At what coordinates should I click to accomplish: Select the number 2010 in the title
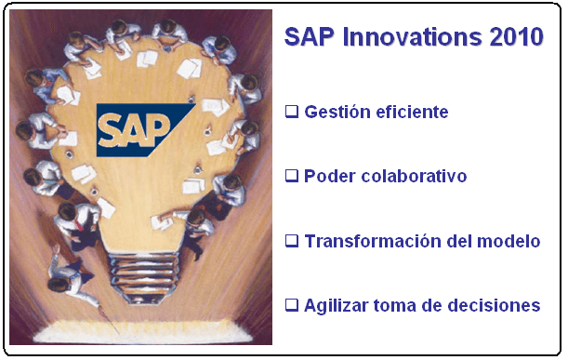[x=517, y=37]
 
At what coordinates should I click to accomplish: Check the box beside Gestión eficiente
[x=292, y=112]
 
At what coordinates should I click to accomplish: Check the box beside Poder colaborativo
[x=292, y=176]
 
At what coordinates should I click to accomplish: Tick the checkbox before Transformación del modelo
[x=292, y=240]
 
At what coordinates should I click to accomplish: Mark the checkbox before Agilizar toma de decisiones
[x=292, y=304]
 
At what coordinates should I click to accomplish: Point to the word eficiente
[x=412, y=113]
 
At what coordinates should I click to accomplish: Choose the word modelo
[x=509, y=241]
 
